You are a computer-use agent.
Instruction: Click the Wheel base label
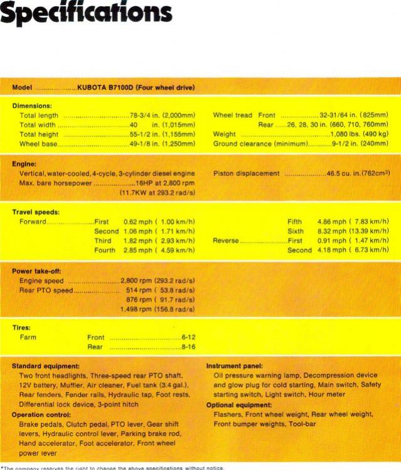click(x=38, y=144)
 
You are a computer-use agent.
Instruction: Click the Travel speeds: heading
click(x=36, y=212)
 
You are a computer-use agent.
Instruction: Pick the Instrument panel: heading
click(x=234, y=366)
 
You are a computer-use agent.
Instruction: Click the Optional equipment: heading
click(x=239, y=405)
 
